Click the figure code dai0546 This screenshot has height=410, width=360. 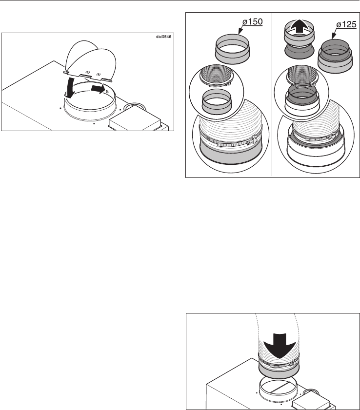[163, 37]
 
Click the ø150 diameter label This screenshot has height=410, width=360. [253, 21]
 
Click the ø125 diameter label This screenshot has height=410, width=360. [346, 24]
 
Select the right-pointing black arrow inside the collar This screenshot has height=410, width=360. [98, 89]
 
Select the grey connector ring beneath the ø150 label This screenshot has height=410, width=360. [232, 49]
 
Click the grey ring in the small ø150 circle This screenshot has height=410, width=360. [217, 102]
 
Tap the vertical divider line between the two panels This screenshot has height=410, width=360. [272, 95]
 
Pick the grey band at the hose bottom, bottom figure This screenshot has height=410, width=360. [279, 371]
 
